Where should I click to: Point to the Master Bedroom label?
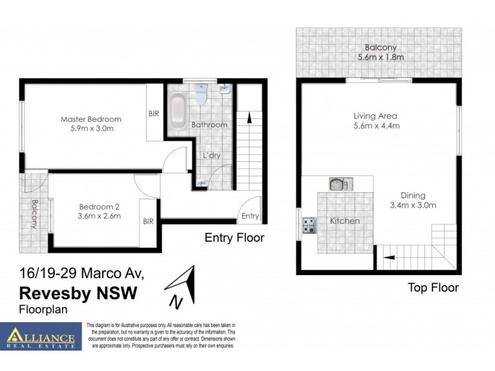91,119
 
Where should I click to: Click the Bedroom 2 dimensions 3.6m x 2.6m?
100,216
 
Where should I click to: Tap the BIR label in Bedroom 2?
148,220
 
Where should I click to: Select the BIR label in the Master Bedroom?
154,114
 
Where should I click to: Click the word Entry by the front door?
250,216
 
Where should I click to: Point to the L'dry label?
212,155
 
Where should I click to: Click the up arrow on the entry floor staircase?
249,117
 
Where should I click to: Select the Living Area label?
375,116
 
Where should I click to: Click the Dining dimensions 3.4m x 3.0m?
413,205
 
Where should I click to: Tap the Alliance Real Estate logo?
41,337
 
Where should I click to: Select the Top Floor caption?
433,288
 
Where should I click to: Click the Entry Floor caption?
234,237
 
